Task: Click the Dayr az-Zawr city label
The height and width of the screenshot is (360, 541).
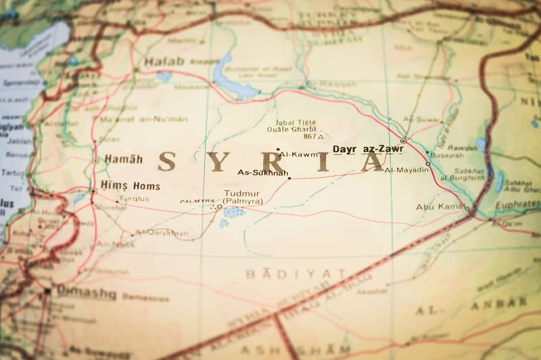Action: pyautogui.click(x=368, y=149)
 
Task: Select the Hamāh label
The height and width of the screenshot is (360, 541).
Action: pyautogui.click(x=123, y=160)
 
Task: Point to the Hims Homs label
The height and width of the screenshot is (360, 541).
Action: pyautogui.click(x=130, y=185)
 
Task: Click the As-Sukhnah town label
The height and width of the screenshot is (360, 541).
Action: pyautogui.click(x=263, y=173)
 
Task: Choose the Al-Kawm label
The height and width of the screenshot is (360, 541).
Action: pyautogui.click(x=298, y=154)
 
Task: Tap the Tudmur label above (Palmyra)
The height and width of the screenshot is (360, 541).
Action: pyautogui.click(x=241, y=194)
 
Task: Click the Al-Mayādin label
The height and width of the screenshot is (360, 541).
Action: pyautogui.click(x=406, y=170)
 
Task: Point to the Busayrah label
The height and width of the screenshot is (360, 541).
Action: pyautogui.click(x=447, y=155)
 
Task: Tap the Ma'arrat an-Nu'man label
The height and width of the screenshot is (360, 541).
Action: pyautogui.click(x=143, y=119)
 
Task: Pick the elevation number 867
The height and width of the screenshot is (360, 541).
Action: pyautogui.click(x=310, y=136)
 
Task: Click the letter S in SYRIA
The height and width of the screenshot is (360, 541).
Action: pyautogui.click(x=166, y=161)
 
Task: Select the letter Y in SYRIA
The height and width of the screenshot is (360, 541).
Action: pyautogui.click(x=216, y=161)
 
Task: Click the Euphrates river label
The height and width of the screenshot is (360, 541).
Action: pyautogui.click(x=518, y=204)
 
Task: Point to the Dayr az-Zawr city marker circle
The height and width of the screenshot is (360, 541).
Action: pyautogui.click(x=403, y=141)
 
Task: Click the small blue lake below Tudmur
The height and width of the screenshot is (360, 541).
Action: pyautogui.click(x=233, y=212)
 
